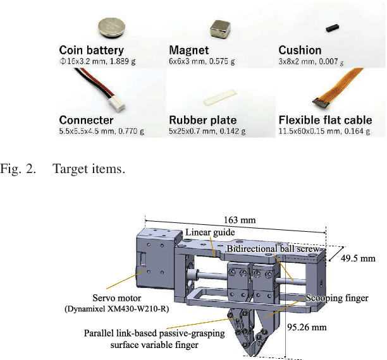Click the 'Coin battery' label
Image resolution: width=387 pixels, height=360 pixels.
(x=91, y=50)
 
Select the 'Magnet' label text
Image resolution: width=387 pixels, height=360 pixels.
(x=190, y=50)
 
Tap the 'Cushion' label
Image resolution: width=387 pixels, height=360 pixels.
(x=300, y=50)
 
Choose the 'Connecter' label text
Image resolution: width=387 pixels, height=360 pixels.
(x=86, y=120)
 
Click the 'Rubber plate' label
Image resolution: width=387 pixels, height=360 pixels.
(x=203, y=120)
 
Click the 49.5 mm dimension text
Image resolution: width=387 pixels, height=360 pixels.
(x=359, y=258)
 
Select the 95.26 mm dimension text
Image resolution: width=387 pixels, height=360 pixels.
(x=307, y=327)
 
